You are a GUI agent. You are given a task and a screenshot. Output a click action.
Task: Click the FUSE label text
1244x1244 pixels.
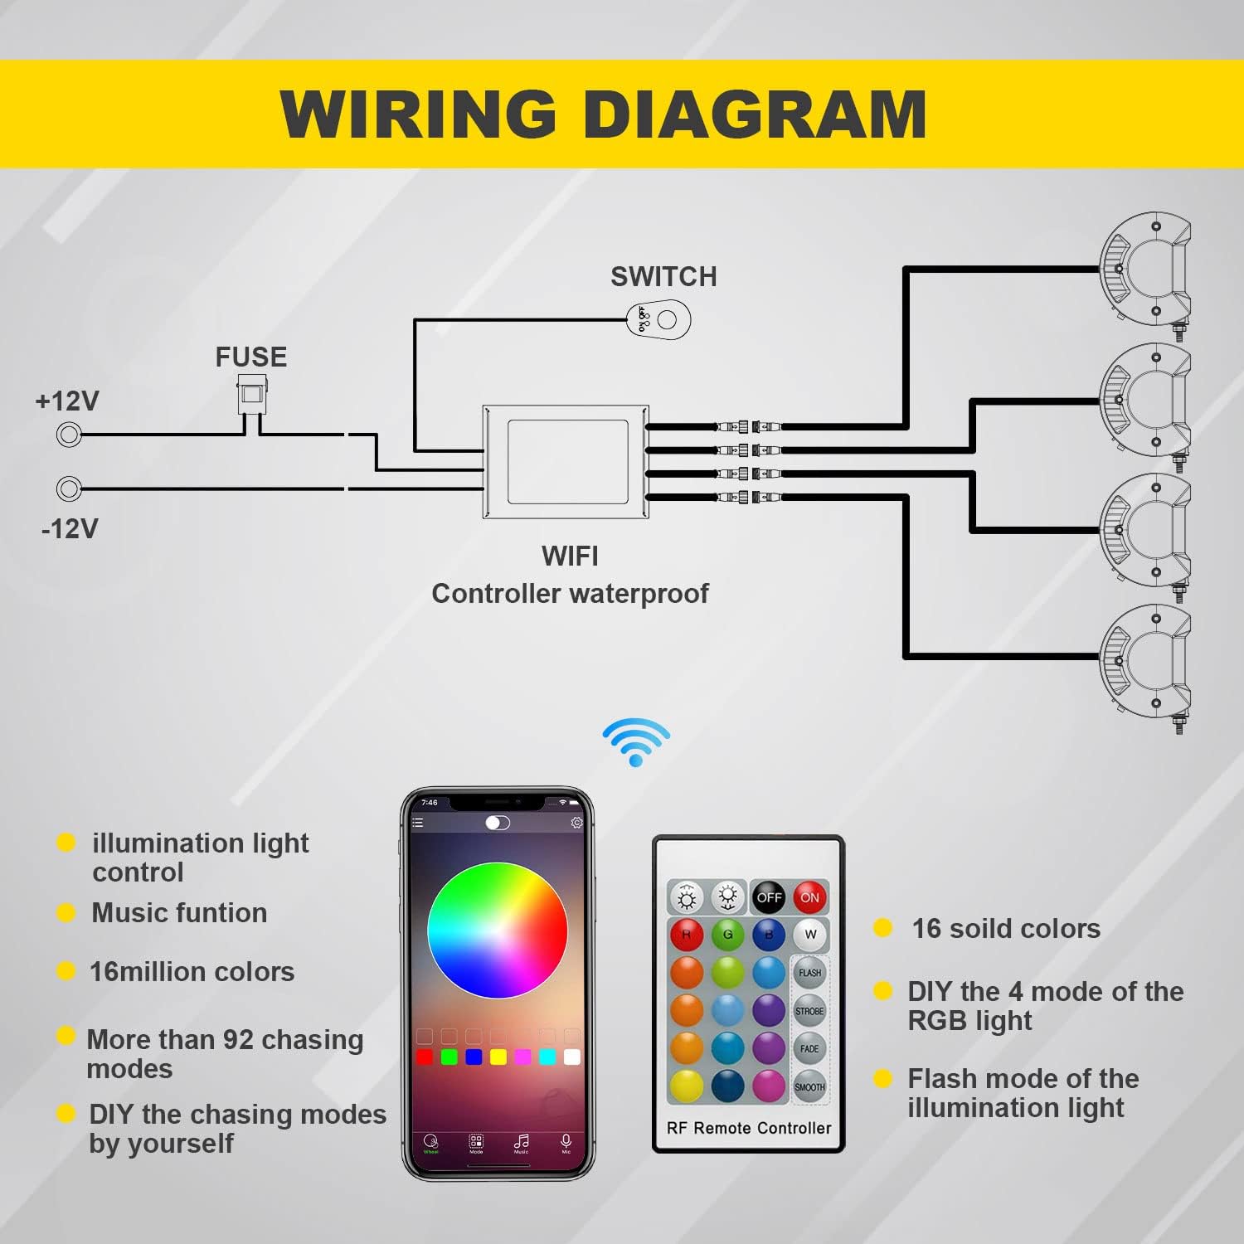pos(250,357)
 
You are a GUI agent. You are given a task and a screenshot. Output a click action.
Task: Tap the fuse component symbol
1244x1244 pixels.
pos(251,393)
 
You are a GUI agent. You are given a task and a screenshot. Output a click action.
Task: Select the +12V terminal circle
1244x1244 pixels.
pos(69,434)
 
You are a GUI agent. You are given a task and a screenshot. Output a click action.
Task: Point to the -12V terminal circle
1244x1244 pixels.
pos(69,488)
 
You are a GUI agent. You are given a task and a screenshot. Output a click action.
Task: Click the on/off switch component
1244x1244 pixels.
pos(658,320)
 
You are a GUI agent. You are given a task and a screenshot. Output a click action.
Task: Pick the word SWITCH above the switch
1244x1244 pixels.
pos(663,276)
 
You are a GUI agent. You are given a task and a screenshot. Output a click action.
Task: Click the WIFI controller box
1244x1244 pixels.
pos(566,462)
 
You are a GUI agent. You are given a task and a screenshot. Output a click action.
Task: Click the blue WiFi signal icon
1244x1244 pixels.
pos(636,741)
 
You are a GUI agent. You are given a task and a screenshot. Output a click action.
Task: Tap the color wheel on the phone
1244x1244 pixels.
pos(498,931)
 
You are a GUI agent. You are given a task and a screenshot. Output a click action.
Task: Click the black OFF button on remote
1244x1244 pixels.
pos(769,897)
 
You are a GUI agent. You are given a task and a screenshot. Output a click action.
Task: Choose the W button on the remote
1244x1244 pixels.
pos(810,935)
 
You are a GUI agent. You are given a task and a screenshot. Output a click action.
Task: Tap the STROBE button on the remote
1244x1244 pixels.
pos(809,1011)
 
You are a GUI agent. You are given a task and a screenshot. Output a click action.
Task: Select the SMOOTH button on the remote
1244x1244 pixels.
pos(809,1086)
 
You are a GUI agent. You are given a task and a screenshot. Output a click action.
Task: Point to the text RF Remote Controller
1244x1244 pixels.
pos(748,1128)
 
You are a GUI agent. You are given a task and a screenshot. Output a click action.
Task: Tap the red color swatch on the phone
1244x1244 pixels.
pos(425,1057)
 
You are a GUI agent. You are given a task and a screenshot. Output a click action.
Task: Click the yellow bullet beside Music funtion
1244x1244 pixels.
pos(66,913)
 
